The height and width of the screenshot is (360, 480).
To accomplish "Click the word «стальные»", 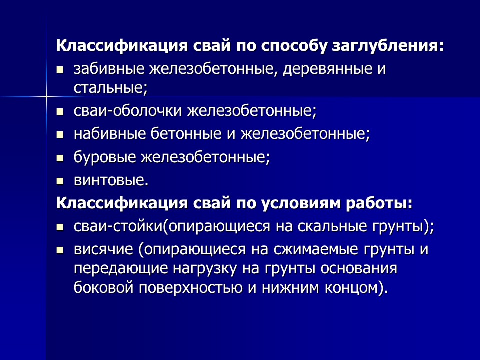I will tap(110, 88).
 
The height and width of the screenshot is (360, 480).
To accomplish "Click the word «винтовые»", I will tap(111, 180).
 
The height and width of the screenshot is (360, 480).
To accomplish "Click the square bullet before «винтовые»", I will tap(60, 180).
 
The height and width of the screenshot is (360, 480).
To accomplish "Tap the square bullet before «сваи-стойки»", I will tap(60, 227).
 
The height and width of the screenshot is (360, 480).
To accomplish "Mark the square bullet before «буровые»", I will tap(60, 158).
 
